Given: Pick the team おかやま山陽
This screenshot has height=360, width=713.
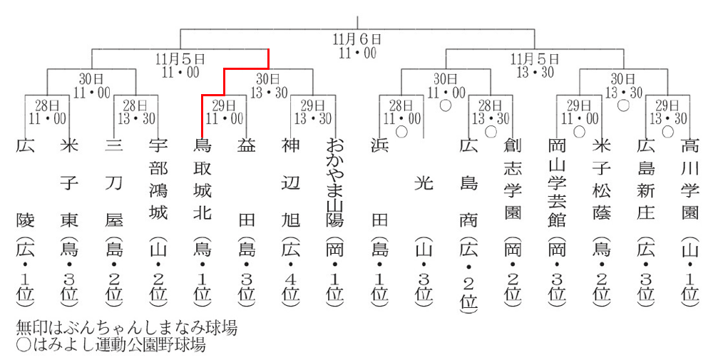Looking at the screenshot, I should (334, 178).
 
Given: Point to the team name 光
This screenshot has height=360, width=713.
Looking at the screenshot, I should (424, 183).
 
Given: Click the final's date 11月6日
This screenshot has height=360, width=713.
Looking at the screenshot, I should (356, 39).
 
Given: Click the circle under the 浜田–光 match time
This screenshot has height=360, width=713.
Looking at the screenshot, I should (401, 131).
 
